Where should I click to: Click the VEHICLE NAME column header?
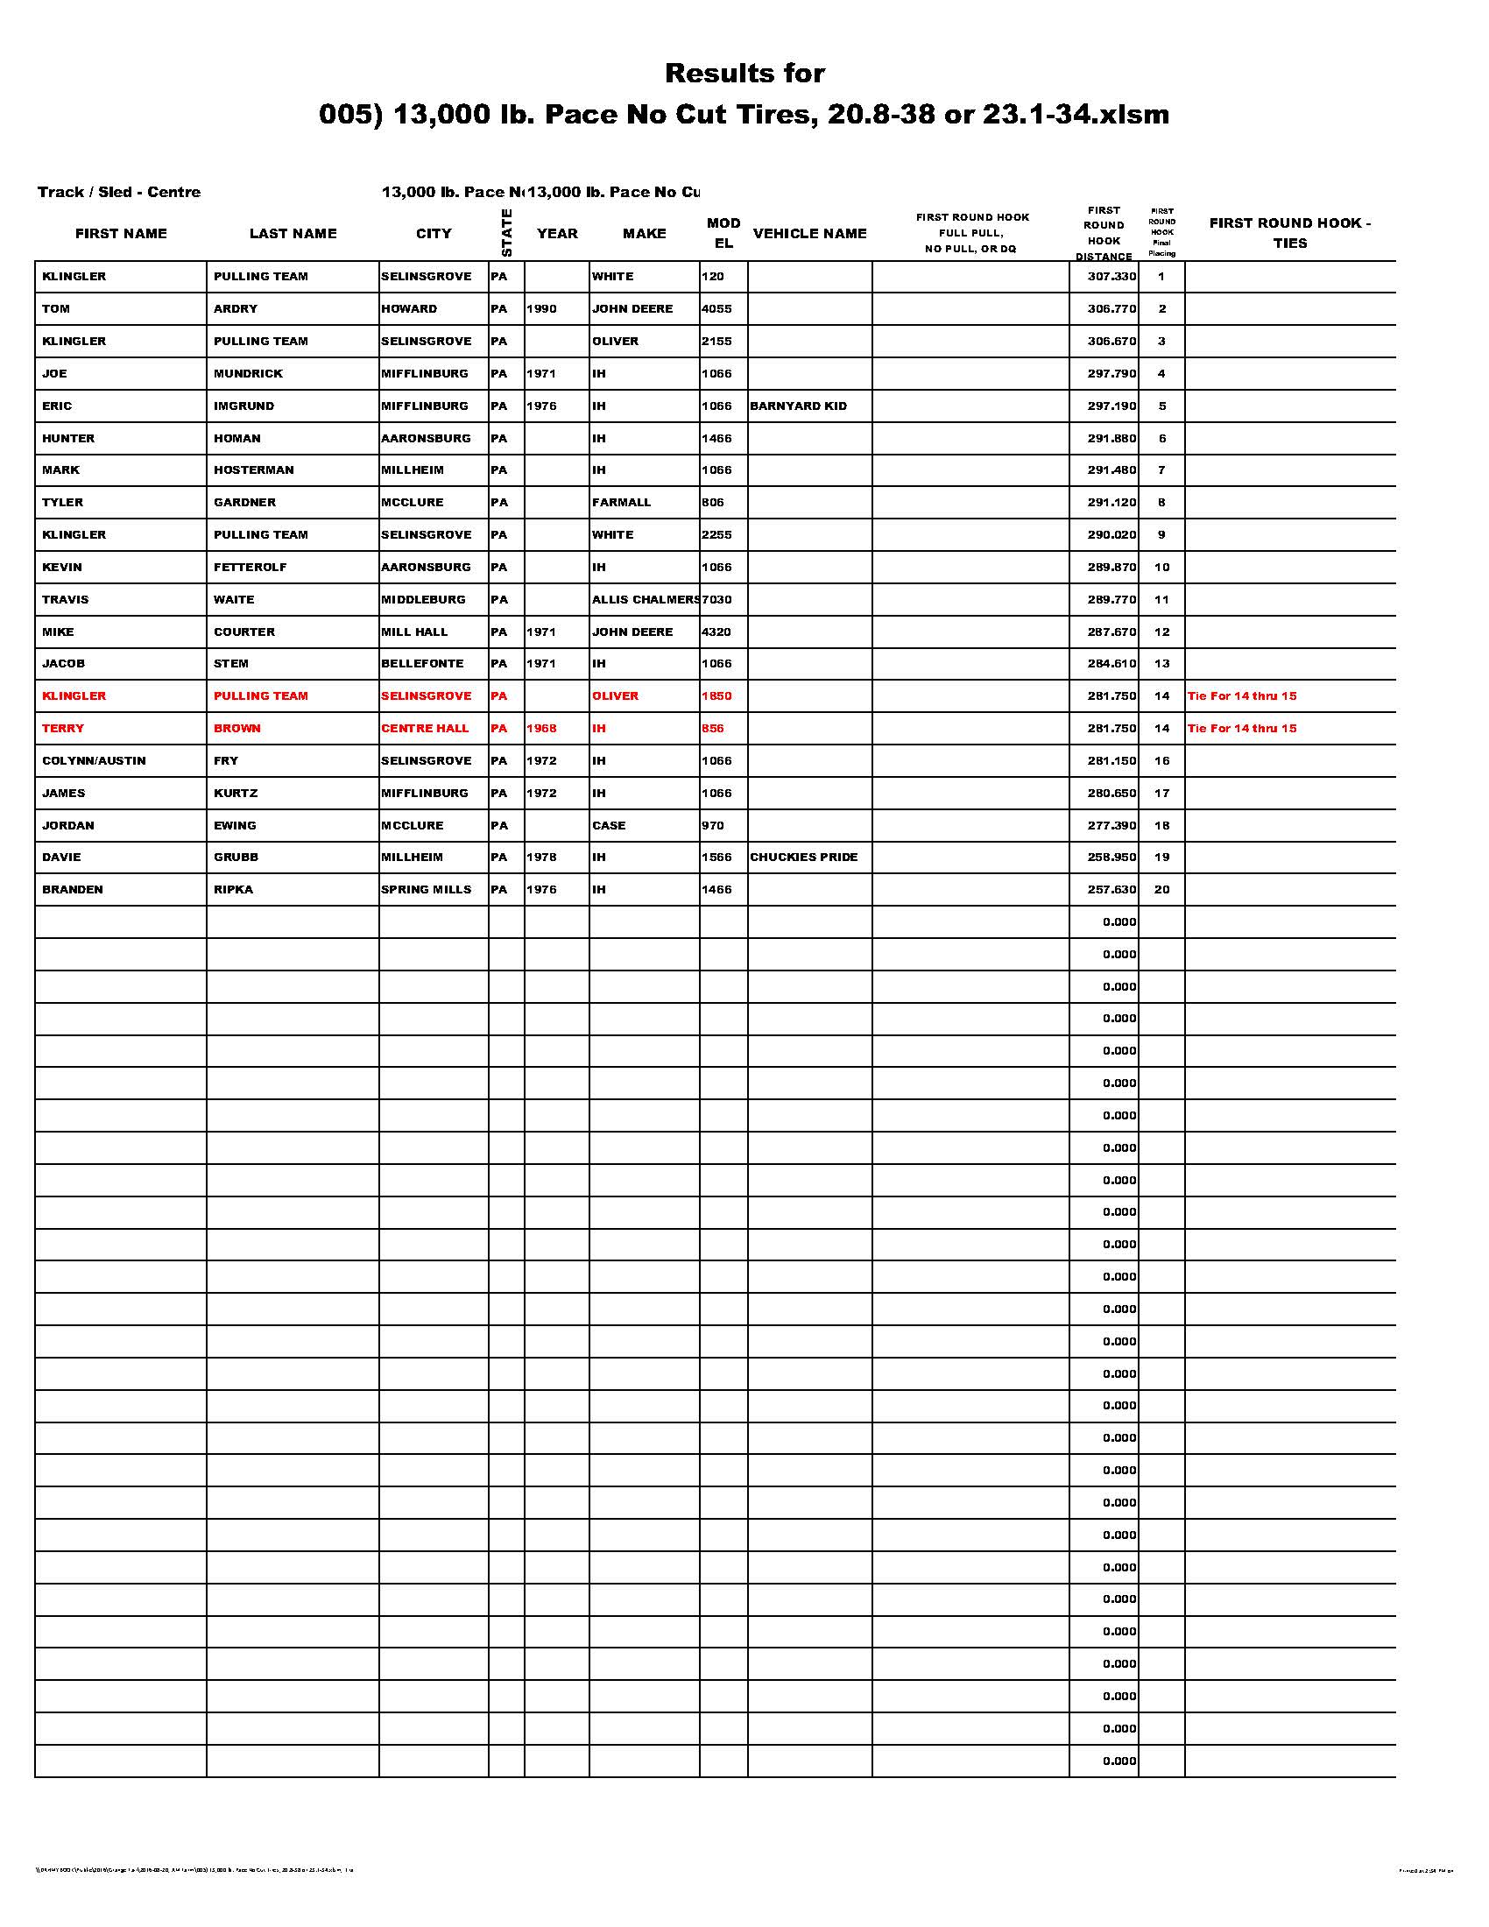809,234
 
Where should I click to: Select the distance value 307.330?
1111,277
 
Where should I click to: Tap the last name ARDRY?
235,309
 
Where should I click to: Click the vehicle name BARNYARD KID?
797,406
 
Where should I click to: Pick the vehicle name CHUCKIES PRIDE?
802,858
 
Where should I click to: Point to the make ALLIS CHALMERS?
645,600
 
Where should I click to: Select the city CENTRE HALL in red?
425,729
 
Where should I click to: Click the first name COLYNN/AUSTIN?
94,760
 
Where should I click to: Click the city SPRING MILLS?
426,889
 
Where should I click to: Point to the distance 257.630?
1111,889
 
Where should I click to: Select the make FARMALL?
621,503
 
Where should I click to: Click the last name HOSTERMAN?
253,470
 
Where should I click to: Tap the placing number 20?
1161,889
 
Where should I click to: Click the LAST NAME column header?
293,234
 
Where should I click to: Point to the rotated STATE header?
506,232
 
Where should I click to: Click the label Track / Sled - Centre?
119,193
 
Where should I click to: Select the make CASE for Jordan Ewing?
609,826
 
